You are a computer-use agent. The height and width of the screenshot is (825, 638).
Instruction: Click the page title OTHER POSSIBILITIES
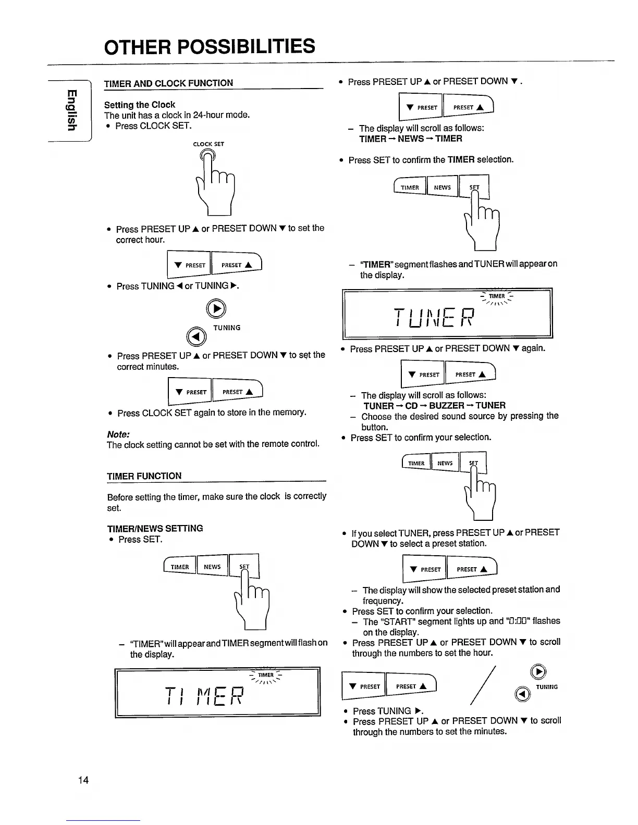coord(210,47)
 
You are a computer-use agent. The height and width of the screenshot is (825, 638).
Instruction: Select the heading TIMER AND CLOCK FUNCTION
coord(168,83)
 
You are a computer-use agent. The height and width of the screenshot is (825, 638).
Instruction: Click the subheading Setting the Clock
coord(139,105)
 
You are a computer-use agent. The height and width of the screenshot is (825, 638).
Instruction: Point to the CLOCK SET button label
coord(208,144)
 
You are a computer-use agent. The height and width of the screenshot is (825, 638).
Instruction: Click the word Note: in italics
coord(118,434)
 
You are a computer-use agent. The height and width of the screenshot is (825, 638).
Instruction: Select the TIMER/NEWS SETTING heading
coord(155,528)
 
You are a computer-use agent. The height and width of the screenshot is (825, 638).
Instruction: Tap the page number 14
coord(83,780)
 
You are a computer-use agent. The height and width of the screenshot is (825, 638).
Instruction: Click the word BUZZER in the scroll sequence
coord(447,406)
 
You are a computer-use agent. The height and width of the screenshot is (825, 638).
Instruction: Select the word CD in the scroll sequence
coord(411,406)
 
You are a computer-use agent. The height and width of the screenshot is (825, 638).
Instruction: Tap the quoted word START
coord(387,621)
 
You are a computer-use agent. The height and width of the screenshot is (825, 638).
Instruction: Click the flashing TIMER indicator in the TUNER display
coord(496,296)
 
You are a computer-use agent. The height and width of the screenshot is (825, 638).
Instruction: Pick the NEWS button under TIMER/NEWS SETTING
coord(212,567)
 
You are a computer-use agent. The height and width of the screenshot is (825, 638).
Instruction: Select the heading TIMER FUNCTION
coord(144,476)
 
